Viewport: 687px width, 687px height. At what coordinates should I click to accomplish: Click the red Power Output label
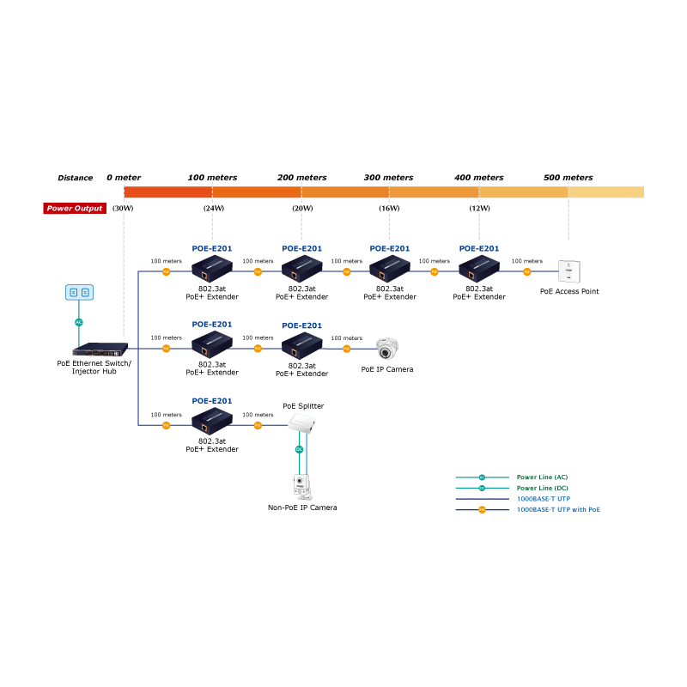point(75,209)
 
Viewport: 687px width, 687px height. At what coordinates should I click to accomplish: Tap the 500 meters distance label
point(568,178)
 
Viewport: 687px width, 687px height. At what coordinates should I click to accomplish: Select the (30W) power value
point(123,209)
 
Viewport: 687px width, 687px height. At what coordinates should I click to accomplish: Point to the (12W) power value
point(479,209)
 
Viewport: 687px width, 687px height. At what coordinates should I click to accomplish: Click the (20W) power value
point(302,209)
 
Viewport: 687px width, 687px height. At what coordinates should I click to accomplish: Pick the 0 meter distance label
point(124,178)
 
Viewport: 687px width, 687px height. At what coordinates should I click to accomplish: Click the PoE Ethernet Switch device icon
point(100,350)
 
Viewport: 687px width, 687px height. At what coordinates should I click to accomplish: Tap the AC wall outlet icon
point(79,293)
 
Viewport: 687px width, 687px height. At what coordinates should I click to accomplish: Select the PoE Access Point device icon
point(568,271)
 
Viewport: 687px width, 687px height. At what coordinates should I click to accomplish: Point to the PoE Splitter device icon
point(303,423)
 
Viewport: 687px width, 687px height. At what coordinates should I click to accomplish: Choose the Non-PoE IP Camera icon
point(301,487)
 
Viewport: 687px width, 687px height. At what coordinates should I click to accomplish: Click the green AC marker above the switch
point(79,322)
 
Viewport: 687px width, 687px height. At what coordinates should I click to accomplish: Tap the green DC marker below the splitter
point(300,450)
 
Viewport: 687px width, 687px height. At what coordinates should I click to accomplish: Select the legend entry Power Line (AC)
point(542,477)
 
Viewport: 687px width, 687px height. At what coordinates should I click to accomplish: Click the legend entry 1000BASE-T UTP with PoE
point(558,509)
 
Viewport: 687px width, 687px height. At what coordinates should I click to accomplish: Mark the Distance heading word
point(75,178)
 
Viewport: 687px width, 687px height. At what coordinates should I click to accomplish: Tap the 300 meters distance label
point(388,178)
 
